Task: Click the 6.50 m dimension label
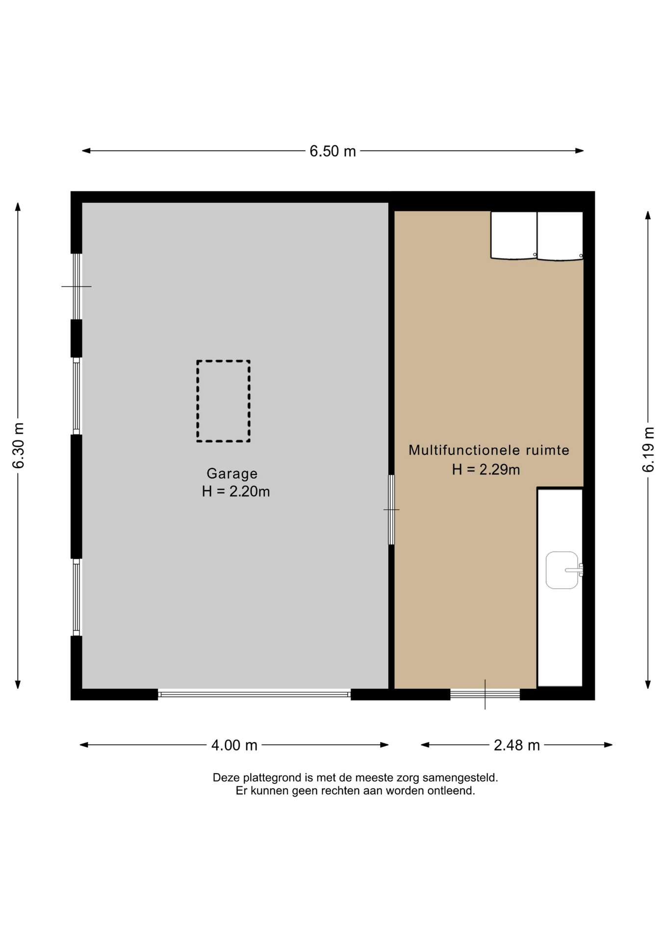333,151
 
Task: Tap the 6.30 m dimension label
19,445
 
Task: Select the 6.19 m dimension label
648,449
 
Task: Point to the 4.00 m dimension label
234,745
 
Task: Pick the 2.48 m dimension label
516,745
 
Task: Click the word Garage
232,473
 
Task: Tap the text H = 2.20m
236,491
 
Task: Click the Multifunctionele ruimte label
489,450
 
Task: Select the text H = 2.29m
486,470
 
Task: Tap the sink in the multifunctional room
562,570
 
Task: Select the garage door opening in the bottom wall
254,694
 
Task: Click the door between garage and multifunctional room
391,510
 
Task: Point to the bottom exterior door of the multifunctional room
485,694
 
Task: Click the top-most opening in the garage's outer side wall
77,287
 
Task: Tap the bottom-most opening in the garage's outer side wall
77,597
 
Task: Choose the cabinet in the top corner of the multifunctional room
560,235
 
